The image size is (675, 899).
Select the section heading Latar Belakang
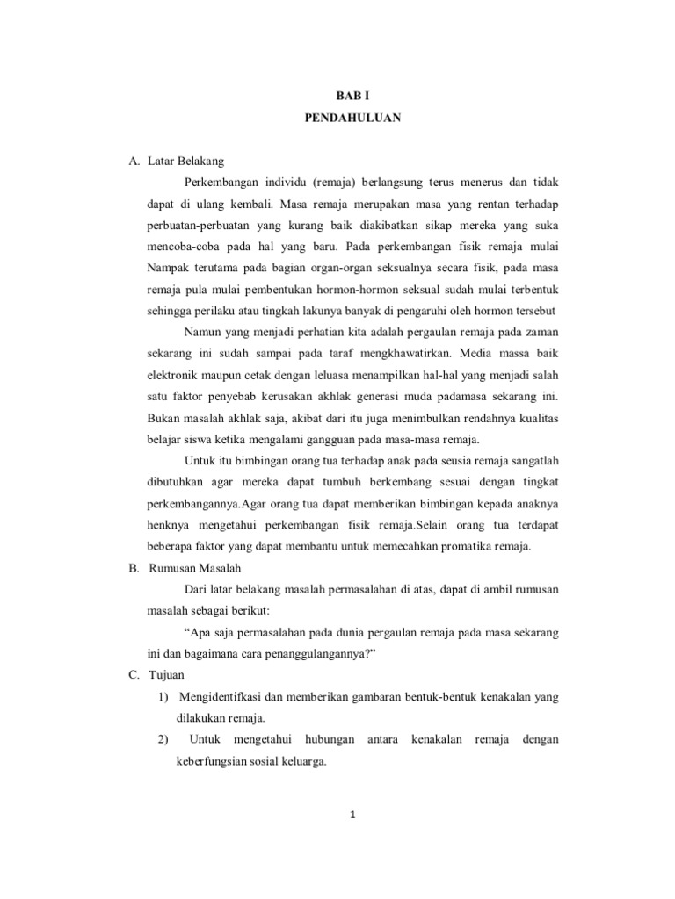(187, 161)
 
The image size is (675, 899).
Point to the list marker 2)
(163, 739)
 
